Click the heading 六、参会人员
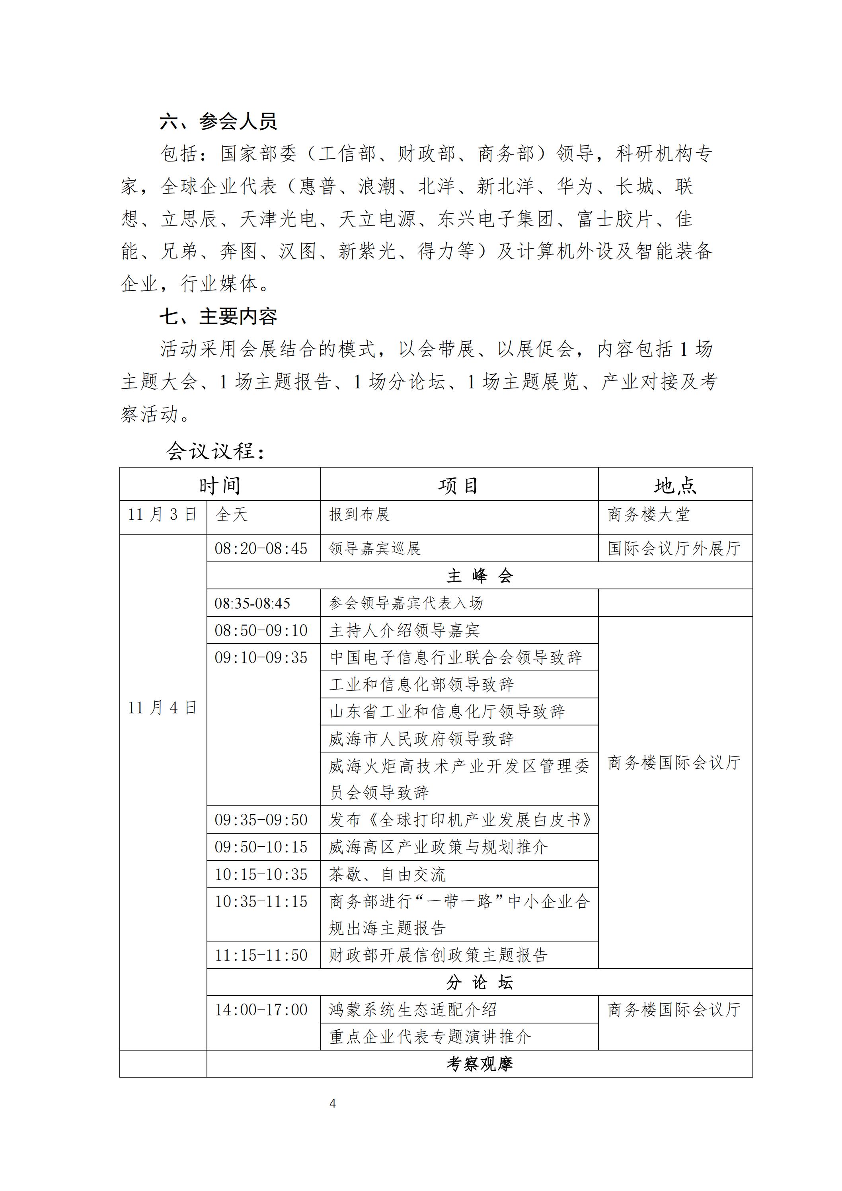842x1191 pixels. [x=218, y=121]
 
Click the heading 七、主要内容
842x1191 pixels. [x=218, y=316]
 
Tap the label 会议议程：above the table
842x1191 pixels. [x=215, y=451]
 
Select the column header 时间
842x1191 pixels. [x=220, y=485]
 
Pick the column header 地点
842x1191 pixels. [x=675, y=485]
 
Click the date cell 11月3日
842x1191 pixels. [x=162, y=515]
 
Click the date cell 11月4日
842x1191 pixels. [x=162, y=708]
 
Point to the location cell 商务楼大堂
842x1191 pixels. [x=649, y=515]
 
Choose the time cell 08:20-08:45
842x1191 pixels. [x=261, y=549]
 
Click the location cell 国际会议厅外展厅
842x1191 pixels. [x=674, y=549]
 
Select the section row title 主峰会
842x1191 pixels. [x=479, y=576]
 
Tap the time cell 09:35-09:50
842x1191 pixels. [x=261, y=820]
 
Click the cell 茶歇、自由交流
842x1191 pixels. [x=388, y=875]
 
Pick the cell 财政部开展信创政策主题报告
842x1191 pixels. [x=439, y=955]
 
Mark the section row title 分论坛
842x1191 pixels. [x=479, y=982]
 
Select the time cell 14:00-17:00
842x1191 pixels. [x=261, y=1010]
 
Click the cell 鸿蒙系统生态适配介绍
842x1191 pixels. [x=413, y=1010]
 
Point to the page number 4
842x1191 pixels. [x=333, y=1103]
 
